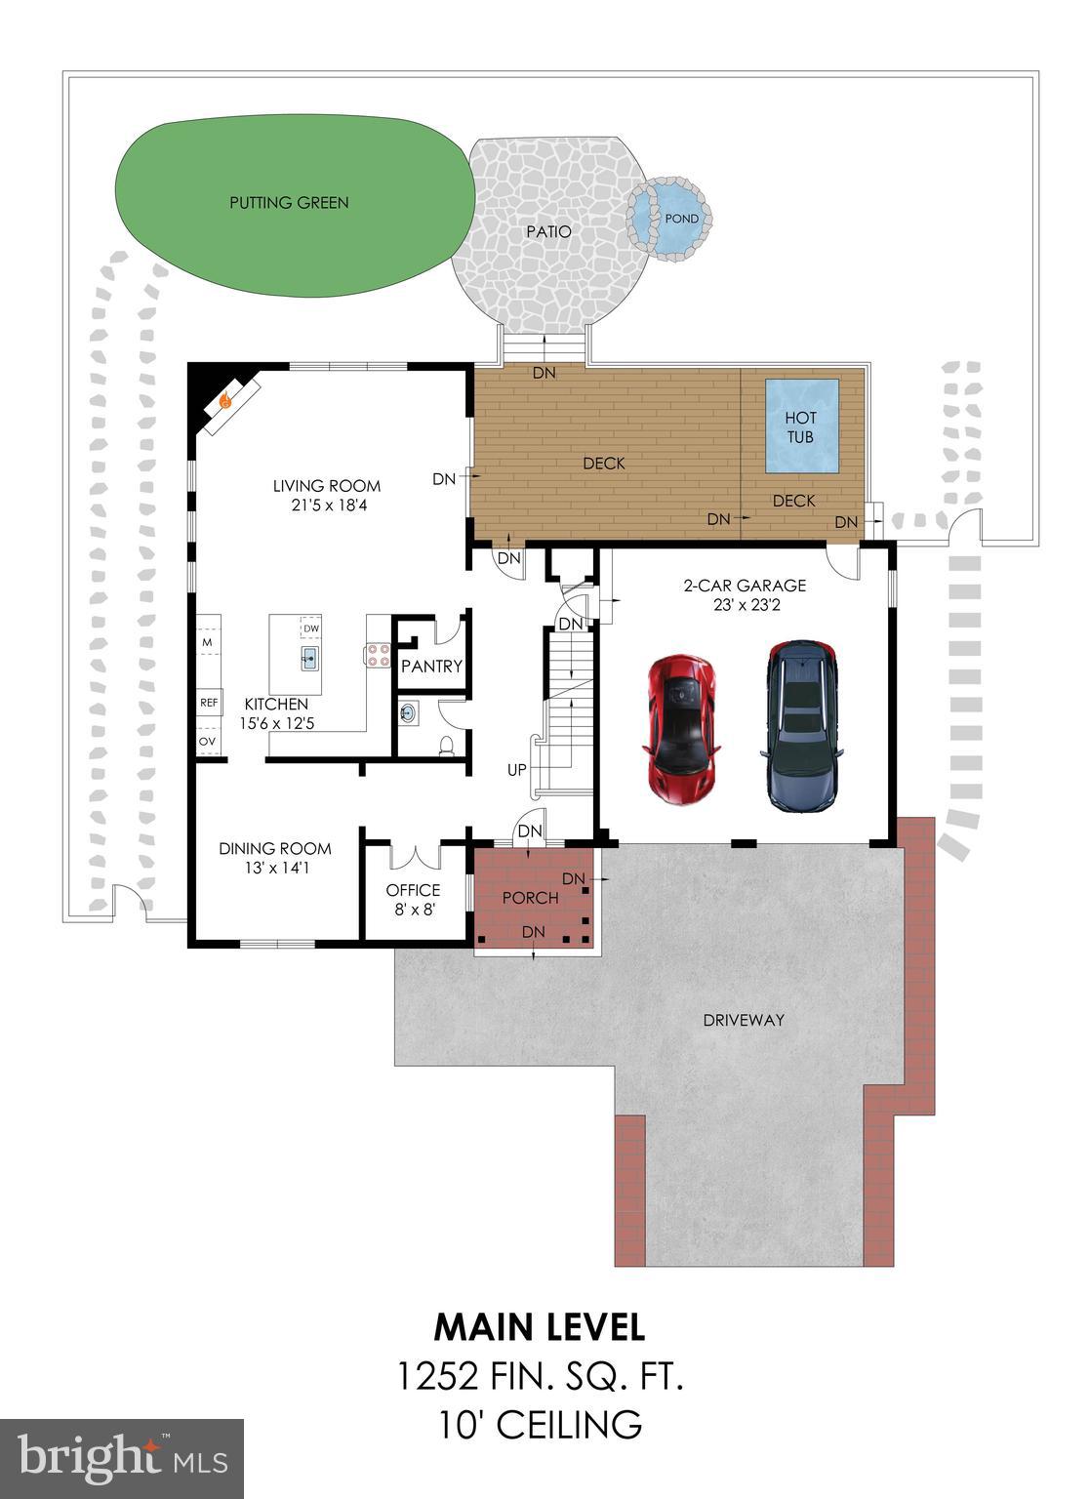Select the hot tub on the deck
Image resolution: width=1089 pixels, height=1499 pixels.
coord(801,426)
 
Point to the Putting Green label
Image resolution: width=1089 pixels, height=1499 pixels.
coord(289,203)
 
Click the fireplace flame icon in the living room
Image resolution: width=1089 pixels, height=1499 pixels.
coord(226,399)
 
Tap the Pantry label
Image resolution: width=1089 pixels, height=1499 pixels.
coord(431,667)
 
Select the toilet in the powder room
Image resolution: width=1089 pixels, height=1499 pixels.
coord(447,747)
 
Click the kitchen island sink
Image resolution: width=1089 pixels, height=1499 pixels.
coord(309,658)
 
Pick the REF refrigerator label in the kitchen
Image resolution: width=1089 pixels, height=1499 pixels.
coord(208,702)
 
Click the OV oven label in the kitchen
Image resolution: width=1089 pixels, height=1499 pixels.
coord(207,742)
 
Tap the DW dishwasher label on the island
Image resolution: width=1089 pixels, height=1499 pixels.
coord(311,628)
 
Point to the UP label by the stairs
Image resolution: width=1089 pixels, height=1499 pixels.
coord(517,770)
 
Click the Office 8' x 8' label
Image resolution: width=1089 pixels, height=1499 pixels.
coord(413,899)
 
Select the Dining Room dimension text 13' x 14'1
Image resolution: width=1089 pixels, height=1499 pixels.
coord(275,868)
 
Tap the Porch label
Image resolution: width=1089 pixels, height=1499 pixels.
coord(531,898)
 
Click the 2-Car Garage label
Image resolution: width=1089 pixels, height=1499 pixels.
coord(745,586)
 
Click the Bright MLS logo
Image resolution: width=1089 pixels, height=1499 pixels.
coord(122,1458)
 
